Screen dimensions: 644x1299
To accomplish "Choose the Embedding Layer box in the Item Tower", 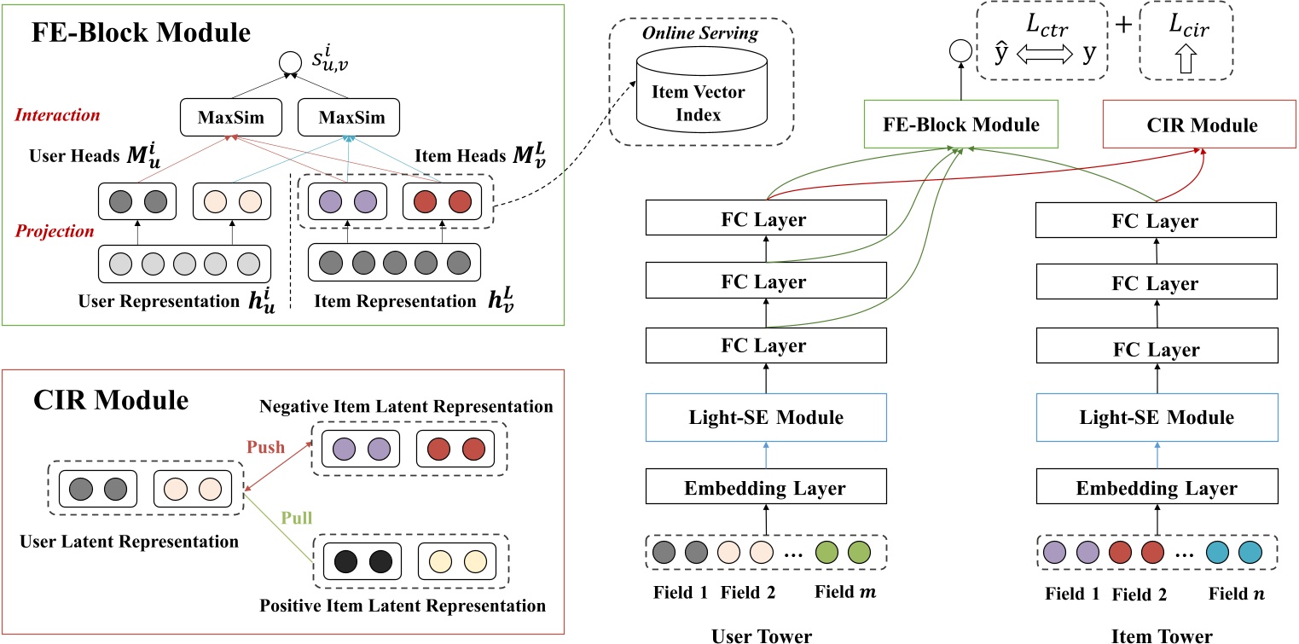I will point(1157,489).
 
